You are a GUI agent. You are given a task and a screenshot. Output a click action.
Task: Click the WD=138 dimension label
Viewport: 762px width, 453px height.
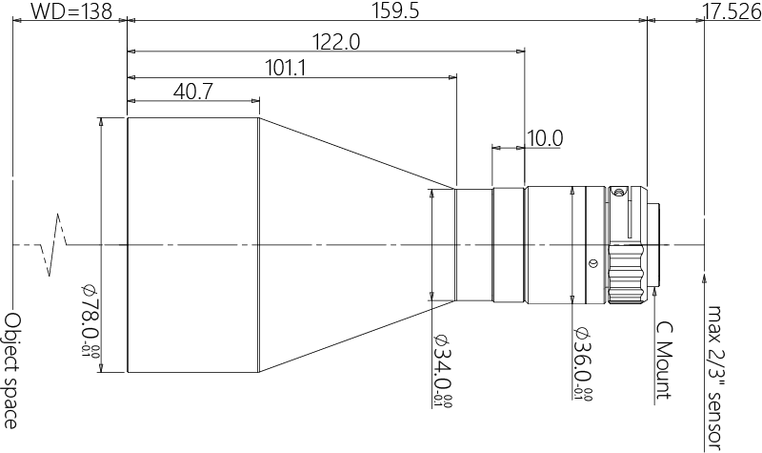(x=71, y=11)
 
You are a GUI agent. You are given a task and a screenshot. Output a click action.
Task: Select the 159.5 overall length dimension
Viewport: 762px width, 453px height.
(x=394, y=11)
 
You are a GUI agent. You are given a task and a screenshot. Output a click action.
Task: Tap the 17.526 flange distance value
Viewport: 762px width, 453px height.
(x=732, y=12)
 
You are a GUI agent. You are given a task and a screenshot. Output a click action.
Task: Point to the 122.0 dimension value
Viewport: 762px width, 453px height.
(x=336, y=42)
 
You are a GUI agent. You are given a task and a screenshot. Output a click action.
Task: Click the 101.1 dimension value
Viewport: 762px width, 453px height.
(x=285, y=68)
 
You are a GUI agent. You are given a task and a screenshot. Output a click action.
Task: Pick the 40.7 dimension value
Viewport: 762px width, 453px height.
(x=193, y=92)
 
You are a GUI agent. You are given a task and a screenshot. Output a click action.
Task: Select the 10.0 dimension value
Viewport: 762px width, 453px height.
(x=545, y=138)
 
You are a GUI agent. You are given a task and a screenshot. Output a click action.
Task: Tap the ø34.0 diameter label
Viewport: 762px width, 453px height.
(x=442, y=371)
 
